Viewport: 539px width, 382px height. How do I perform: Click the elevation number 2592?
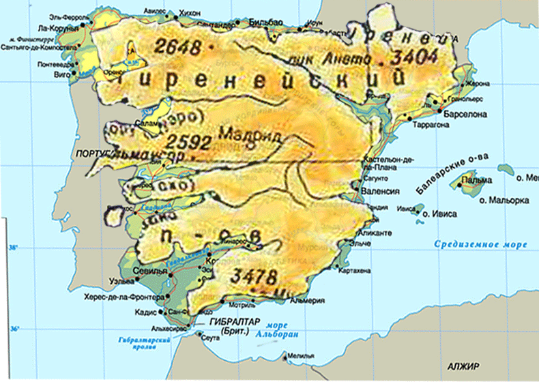[x=188, y=142]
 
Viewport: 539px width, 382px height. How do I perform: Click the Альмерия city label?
[x=305, y=300]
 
